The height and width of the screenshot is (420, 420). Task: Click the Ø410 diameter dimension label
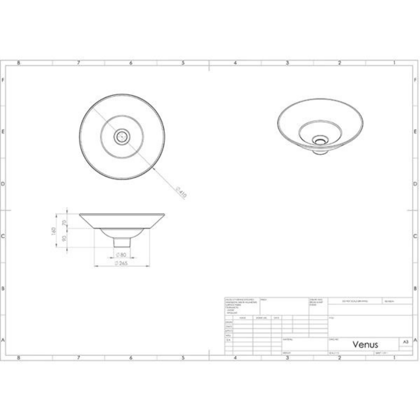181,192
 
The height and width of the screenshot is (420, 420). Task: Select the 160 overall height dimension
54,231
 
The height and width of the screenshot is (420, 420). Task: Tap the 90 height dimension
64,238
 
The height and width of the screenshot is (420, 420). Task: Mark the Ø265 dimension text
121,264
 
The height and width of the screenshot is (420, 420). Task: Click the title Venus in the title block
365,344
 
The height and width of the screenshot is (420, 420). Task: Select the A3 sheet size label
406,342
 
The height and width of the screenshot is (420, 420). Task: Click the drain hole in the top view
122,137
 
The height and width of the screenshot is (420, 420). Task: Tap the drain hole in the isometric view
320,140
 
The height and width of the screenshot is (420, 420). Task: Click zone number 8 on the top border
18,63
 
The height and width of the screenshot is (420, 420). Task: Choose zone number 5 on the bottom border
183,358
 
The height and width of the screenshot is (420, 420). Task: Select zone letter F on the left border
3,80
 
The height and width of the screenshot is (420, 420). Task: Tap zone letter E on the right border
415,132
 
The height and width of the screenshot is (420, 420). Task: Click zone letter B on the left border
3,288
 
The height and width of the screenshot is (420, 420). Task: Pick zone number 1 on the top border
394,63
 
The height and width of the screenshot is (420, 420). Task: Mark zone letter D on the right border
415,184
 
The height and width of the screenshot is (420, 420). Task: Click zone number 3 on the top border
287,63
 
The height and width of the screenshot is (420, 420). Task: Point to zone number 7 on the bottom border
78,358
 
